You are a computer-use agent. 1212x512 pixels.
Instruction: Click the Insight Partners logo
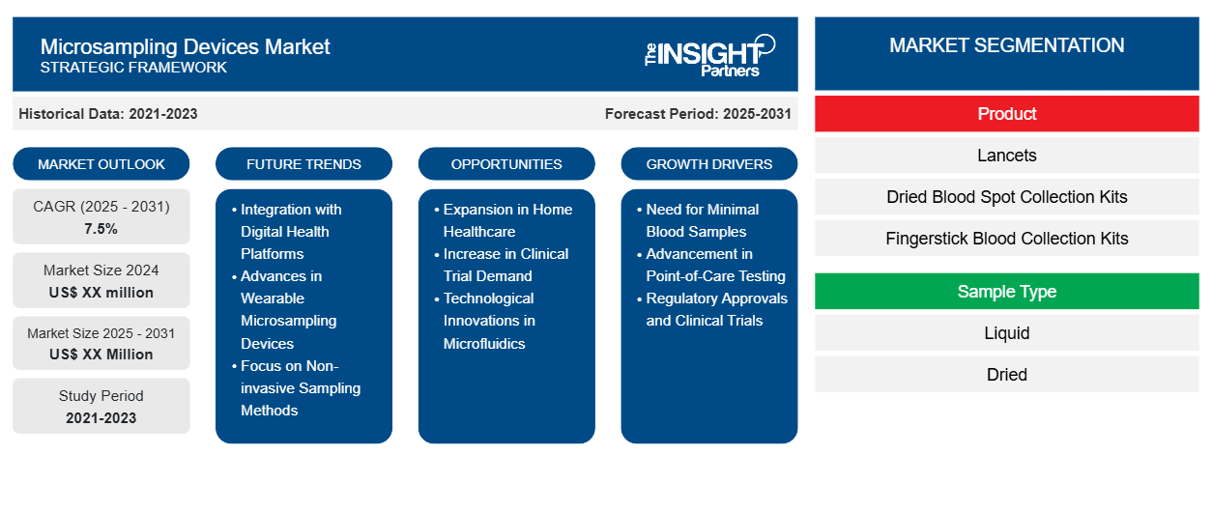709,56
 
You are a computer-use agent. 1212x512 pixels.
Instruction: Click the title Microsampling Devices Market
185,47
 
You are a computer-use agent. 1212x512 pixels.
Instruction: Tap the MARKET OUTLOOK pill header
101,164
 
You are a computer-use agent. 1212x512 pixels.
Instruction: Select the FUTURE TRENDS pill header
303,164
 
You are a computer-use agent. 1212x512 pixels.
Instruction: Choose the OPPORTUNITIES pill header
506,164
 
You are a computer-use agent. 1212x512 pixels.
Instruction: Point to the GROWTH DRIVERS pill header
708,164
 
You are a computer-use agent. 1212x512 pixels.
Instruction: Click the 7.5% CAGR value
101,229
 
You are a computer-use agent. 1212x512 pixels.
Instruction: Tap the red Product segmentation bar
1007,114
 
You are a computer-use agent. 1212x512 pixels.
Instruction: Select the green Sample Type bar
1007,292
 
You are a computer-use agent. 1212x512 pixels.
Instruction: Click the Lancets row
1007,156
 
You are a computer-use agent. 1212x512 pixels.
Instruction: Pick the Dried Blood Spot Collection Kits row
1007,197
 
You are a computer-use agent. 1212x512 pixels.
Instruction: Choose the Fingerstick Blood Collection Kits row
1007,239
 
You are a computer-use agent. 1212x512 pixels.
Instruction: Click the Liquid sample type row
1007,333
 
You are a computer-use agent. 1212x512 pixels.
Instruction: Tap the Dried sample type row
1007,374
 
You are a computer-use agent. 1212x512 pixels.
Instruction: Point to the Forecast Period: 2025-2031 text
698,114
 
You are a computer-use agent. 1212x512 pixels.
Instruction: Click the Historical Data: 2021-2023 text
108,114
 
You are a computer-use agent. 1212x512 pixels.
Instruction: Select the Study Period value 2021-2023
101,418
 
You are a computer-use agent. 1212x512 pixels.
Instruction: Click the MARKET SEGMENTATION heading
1007,45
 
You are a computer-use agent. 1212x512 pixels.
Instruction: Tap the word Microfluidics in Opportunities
484,343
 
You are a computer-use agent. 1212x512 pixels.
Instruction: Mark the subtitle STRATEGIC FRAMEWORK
133,68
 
